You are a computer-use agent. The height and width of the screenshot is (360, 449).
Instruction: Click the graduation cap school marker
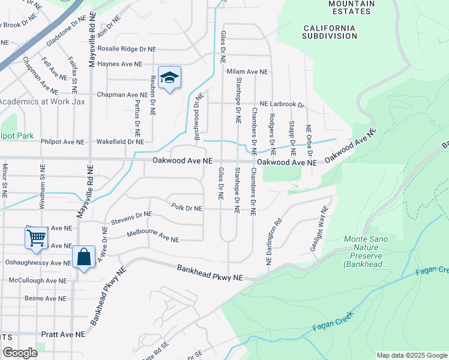(x=170, y=79)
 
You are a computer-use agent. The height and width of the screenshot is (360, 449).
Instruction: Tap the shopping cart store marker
(x=35, y=238)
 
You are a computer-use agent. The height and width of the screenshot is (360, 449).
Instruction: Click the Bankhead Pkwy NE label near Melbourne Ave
(x=209, y=273)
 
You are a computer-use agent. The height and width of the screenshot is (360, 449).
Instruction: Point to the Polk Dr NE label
(x=186, y=208)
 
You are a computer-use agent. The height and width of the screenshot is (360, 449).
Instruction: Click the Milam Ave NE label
(x=247, y=72)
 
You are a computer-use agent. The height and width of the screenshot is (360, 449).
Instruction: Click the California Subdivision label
(x=330, y=32)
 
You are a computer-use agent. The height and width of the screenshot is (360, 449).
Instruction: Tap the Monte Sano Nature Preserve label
(x=367, y=251)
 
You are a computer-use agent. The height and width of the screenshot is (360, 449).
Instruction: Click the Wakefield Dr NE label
(x=120, y=142)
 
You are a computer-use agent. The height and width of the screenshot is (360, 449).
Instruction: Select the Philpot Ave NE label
(x=62, y=142)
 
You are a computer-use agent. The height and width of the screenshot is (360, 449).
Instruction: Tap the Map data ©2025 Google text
(x=411, y=355)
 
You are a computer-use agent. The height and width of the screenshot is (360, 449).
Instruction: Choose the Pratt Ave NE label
(x=63, y=334)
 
